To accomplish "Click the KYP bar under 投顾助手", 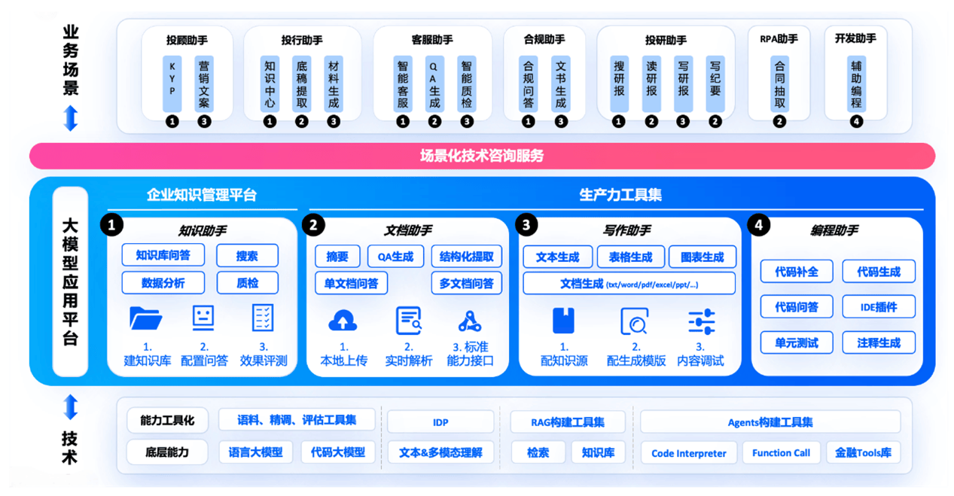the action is click(172, 84).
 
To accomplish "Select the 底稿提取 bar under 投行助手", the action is click(302, 84).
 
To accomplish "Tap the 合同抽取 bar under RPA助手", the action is click(779, 84).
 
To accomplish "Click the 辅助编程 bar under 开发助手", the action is click(856, 84).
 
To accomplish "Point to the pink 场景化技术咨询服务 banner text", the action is click(482, 156).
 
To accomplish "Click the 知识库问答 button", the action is click(163, 255).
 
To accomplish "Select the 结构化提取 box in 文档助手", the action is click(466, 257).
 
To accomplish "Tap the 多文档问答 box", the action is click(466, 283).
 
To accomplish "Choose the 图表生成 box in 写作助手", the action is click(703, 257).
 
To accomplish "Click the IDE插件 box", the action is click(879, 306).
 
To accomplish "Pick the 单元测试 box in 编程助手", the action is click(797, 342).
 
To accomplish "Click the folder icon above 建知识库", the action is click(145, 318).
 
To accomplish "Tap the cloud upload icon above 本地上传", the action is click(343, 320).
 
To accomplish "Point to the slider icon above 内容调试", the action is click(702, 321).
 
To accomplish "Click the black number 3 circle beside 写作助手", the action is click(526, 224).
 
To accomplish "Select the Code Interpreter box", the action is click(689, 453).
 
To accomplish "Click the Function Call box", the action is click(781, 452).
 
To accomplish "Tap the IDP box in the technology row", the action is click(440, 422).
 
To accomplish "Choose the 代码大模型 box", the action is click(338, 452).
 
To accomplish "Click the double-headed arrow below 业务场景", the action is click(71, 118).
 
